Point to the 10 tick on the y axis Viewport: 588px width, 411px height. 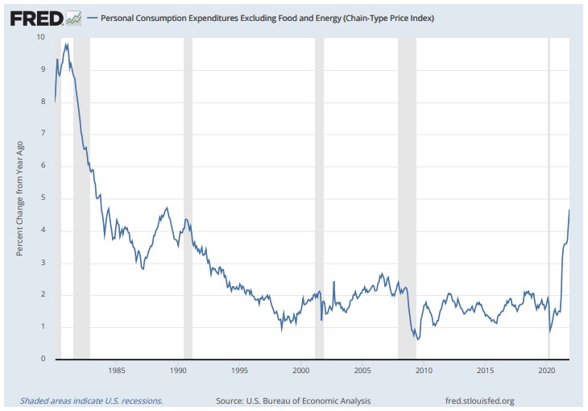click(x=40, y=37)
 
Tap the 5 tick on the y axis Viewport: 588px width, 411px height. click(x=42, y=198)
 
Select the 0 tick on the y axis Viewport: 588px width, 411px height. click(x=42, y=359)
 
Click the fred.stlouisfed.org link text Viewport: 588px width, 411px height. click(x=479, y=401)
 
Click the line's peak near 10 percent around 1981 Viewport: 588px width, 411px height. click(x=67, y=44)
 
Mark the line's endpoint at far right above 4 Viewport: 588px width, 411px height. click(x=569, y=210)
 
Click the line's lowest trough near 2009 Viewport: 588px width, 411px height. click(x=417, y=339)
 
